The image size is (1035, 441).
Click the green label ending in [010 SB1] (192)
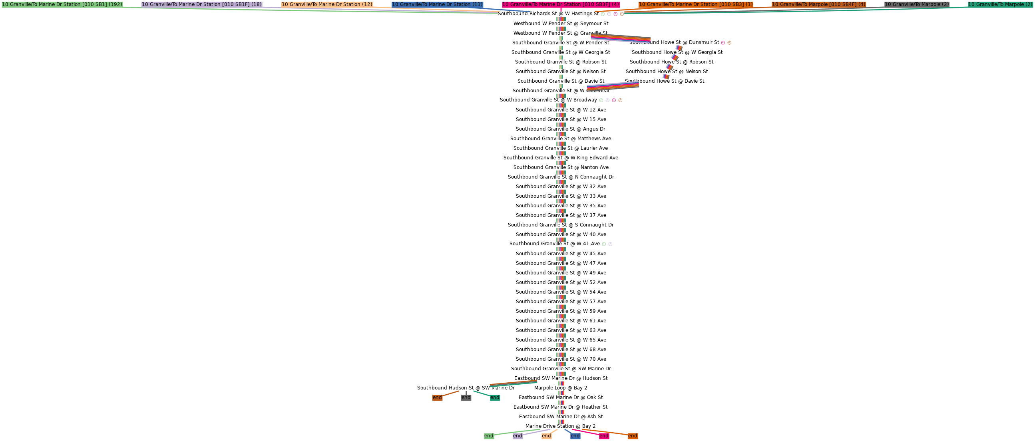click(x=62, y=4)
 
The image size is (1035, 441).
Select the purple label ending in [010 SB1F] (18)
click(x=202, y=4)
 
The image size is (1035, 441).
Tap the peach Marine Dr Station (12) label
click(x=327, y=4)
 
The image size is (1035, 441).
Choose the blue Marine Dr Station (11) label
click(x=437, y=4)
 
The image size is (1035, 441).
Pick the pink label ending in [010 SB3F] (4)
click(x=561, y=4)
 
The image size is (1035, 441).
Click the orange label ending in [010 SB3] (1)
click(x=696, y=4)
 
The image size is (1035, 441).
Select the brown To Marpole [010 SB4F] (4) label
click(x=819, y=4)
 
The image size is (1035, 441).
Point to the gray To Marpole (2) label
click(x=917, y=4)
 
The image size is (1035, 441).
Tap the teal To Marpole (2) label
click(x=1000, y=4)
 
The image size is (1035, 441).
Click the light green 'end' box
click(x=489, y=436)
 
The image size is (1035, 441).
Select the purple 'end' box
click(x=517, y=436)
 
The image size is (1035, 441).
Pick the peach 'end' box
click(x=546, y=436)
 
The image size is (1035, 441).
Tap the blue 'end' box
click(x=575, y=436)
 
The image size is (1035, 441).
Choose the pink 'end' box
click(x=604, y=436)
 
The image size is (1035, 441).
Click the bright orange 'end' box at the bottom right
click(x=633, y=436)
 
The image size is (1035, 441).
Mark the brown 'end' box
click(x=437, y=397)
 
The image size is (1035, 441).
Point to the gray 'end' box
click(x=466, y=397)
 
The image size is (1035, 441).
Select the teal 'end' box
click(x=495, y=397)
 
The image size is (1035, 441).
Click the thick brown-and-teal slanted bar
click(x=514, y=383)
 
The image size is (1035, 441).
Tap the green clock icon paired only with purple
click(x=603, y=244)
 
